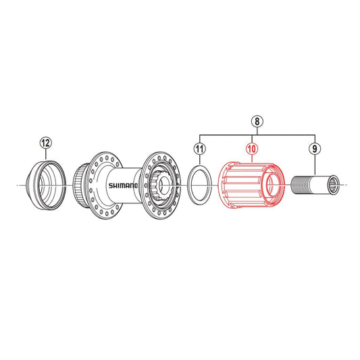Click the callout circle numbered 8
tap(257, 122)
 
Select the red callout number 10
tap(252, 149)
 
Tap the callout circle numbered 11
tap(200, 149)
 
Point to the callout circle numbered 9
tap(315, 149)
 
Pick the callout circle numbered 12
tap(46, 143)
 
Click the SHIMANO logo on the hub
tap(123, 185)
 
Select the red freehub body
tap(251, 185)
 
